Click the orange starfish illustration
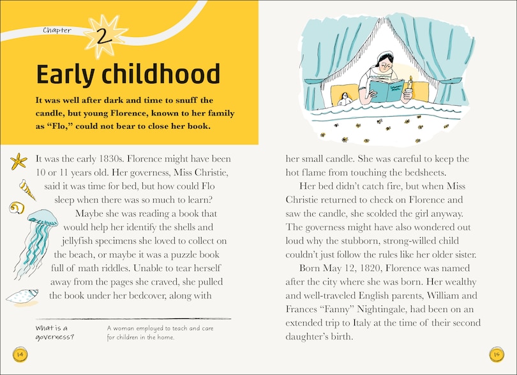coord(20,159)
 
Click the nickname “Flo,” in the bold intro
coord(61,126)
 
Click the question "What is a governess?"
coord(56,332)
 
